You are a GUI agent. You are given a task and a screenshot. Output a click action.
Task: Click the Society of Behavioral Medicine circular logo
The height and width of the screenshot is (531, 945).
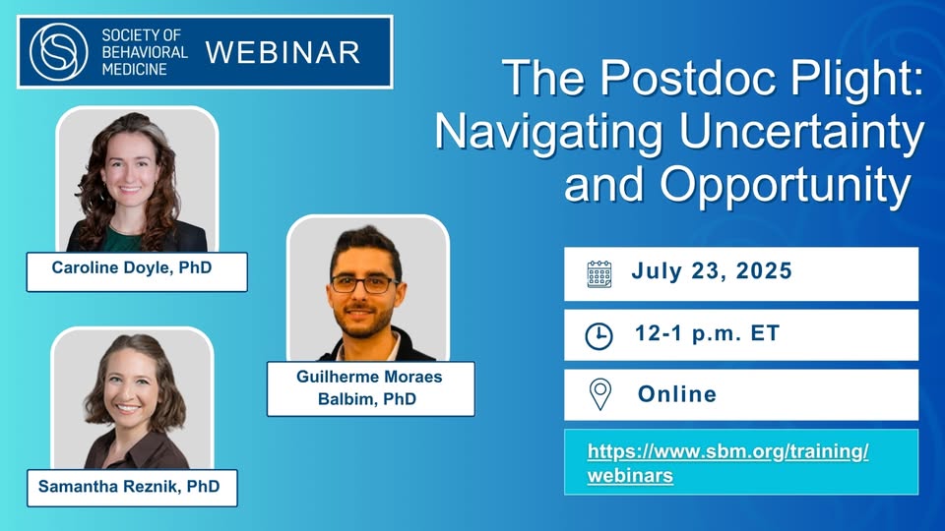click(58, 52)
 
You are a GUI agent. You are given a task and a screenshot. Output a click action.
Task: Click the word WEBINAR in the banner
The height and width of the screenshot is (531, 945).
click(283, 53)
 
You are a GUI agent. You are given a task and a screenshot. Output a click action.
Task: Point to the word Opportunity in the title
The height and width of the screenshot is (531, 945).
click(786, 185)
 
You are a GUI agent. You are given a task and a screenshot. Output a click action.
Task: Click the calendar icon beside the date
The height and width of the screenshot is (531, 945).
click(599, 274)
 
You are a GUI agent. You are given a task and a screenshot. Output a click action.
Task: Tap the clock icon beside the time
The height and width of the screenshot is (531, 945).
click(598, 336)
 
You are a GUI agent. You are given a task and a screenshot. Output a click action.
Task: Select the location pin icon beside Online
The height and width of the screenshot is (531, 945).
click(599, 395)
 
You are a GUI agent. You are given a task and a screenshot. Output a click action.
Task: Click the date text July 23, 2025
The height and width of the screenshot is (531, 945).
click(711, 271)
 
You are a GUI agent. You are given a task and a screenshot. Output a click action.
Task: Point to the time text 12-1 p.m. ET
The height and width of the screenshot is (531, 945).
click(707, 333)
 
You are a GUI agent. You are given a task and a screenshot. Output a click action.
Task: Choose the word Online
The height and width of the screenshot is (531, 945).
click(677, 394)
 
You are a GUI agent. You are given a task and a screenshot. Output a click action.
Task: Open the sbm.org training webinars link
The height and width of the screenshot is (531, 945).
click(728, 463)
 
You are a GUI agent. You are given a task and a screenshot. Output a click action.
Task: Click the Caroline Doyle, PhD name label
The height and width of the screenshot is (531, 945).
click(137, 272)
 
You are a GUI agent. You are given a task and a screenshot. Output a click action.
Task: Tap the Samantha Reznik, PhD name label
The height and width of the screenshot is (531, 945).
click(132, 488)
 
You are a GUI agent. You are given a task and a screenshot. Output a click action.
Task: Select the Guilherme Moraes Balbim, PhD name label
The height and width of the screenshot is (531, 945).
click(371, 389)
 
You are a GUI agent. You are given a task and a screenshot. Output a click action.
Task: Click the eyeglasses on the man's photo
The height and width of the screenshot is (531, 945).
click(363, 283)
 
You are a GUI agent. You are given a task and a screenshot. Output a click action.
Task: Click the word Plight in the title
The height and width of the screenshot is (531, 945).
click(857, 79)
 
